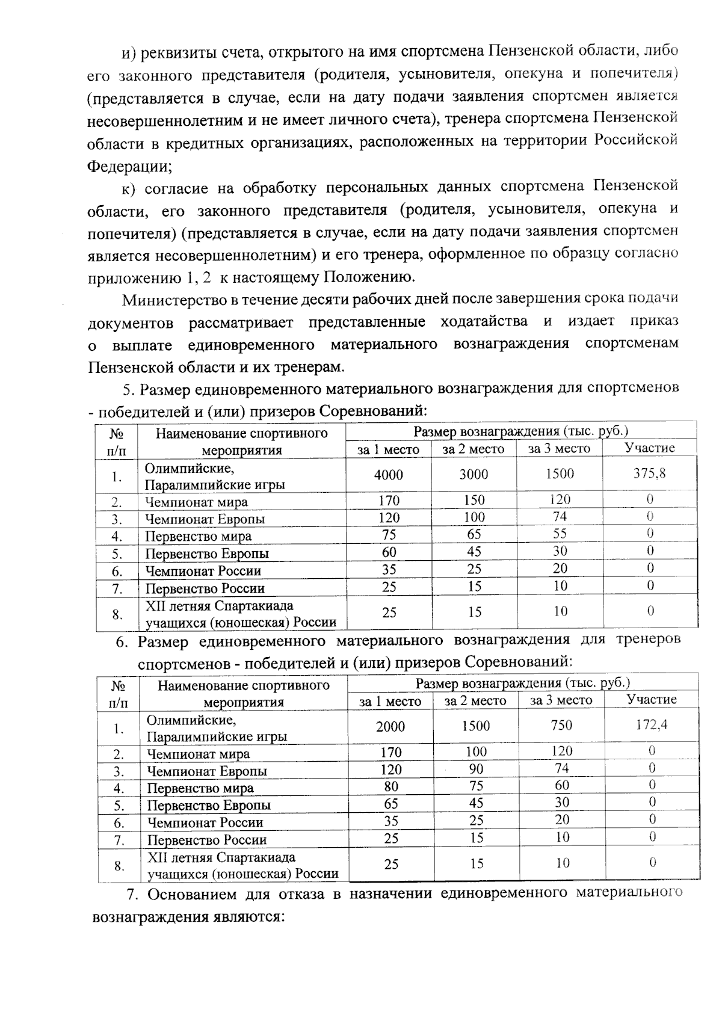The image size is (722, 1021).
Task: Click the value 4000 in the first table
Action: click(388, 475)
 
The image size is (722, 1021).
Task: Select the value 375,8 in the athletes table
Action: click(649, 473)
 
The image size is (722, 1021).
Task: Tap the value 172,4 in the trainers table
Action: click(652, 725)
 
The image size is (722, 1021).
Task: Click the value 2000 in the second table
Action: click(390, 726)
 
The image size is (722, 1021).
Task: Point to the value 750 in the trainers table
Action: click(561, 726)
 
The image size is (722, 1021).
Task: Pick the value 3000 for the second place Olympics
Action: click(474, 475)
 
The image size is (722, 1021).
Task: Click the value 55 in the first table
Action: click(560, 534)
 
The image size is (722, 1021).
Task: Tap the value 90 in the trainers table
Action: click(475, 769)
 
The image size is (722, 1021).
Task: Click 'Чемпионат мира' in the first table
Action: click(196, 502)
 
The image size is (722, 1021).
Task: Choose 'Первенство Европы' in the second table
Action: click(209, 806)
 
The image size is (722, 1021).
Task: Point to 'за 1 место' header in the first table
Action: click(388, 449)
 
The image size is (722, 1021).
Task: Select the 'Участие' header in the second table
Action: click(652, 699)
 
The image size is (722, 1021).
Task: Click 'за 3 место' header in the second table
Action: click(561, 700)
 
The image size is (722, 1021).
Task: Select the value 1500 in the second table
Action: click(475, 726)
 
